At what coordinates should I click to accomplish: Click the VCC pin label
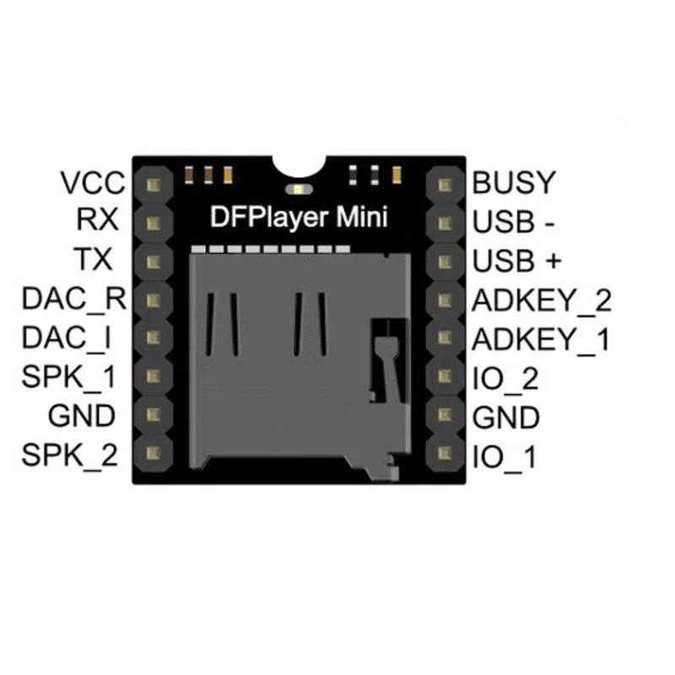click(93, 182)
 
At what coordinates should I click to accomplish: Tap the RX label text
click(97, 219)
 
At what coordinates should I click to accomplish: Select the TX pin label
click(93, 259)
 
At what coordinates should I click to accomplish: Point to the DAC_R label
click(74, 300)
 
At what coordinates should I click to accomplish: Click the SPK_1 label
click(69, 378)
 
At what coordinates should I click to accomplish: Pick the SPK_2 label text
click(69, 456)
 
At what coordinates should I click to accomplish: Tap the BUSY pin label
click(513, 182)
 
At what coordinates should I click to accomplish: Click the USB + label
click(517, 261)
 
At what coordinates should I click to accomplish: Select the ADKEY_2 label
click(542, 301)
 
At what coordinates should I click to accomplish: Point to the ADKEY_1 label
click(541, 340)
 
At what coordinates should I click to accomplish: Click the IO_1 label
click(505, 457)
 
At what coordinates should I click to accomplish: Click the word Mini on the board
click(362, 217)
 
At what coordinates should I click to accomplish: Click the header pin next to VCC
click(154, 185)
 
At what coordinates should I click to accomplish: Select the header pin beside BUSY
click(445, 185)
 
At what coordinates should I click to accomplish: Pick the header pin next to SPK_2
click(154, 452)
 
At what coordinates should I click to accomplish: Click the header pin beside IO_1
click(445, 452)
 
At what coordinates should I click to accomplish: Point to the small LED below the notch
click(300, 189)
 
